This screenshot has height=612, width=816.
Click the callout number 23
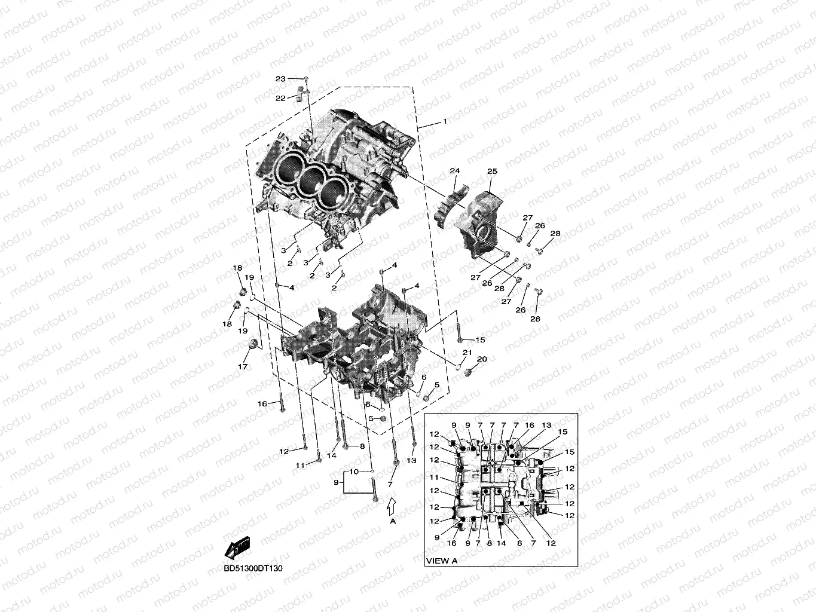(280, 79)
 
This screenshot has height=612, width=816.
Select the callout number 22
(280, 98)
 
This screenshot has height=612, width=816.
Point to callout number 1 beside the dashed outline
(444, 121)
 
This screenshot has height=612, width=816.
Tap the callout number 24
(454, 171)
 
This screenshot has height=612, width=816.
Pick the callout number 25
(492, 172)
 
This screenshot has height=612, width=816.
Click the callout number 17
(243, 366)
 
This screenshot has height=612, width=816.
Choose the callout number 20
(482, 359)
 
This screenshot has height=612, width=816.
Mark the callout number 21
(467, 353)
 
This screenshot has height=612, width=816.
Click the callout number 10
(354, 472)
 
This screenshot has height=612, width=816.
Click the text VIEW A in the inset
(442, 561)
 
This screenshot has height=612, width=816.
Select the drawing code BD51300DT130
(253, 568)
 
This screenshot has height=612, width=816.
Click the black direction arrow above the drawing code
(237, 547)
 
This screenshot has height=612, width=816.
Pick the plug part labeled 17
(253, 345)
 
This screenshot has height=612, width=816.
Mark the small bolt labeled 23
(305, 79)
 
